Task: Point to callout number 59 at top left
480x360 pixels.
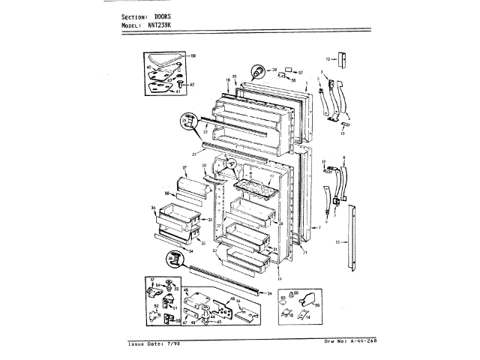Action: [x=192, y=56]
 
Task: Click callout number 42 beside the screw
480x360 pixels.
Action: [x=192, y=85]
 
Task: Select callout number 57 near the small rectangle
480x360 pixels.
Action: [x=299, y=72]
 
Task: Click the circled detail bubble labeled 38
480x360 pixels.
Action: [x=258, y=71]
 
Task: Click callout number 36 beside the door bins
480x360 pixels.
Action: [x=152, y=208]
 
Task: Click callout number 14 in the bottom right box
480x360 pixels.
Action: [x=307, y=317]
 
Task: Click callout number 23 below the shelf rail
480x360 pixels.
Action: [x=193, y=153]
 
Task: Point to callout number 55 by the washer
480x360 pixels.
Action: [x=177, y=289]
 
